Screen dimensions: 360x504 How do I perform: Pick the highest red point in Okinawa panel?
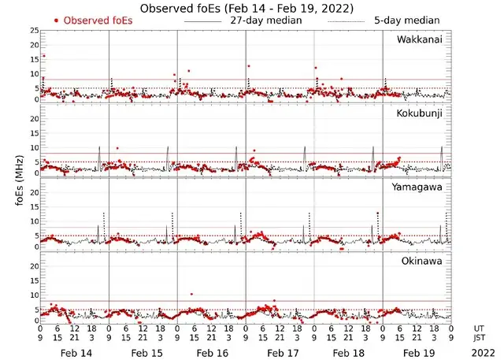[191, 294]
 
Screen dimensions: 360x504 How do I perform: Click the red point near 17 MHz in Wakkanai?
[43, 56]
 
